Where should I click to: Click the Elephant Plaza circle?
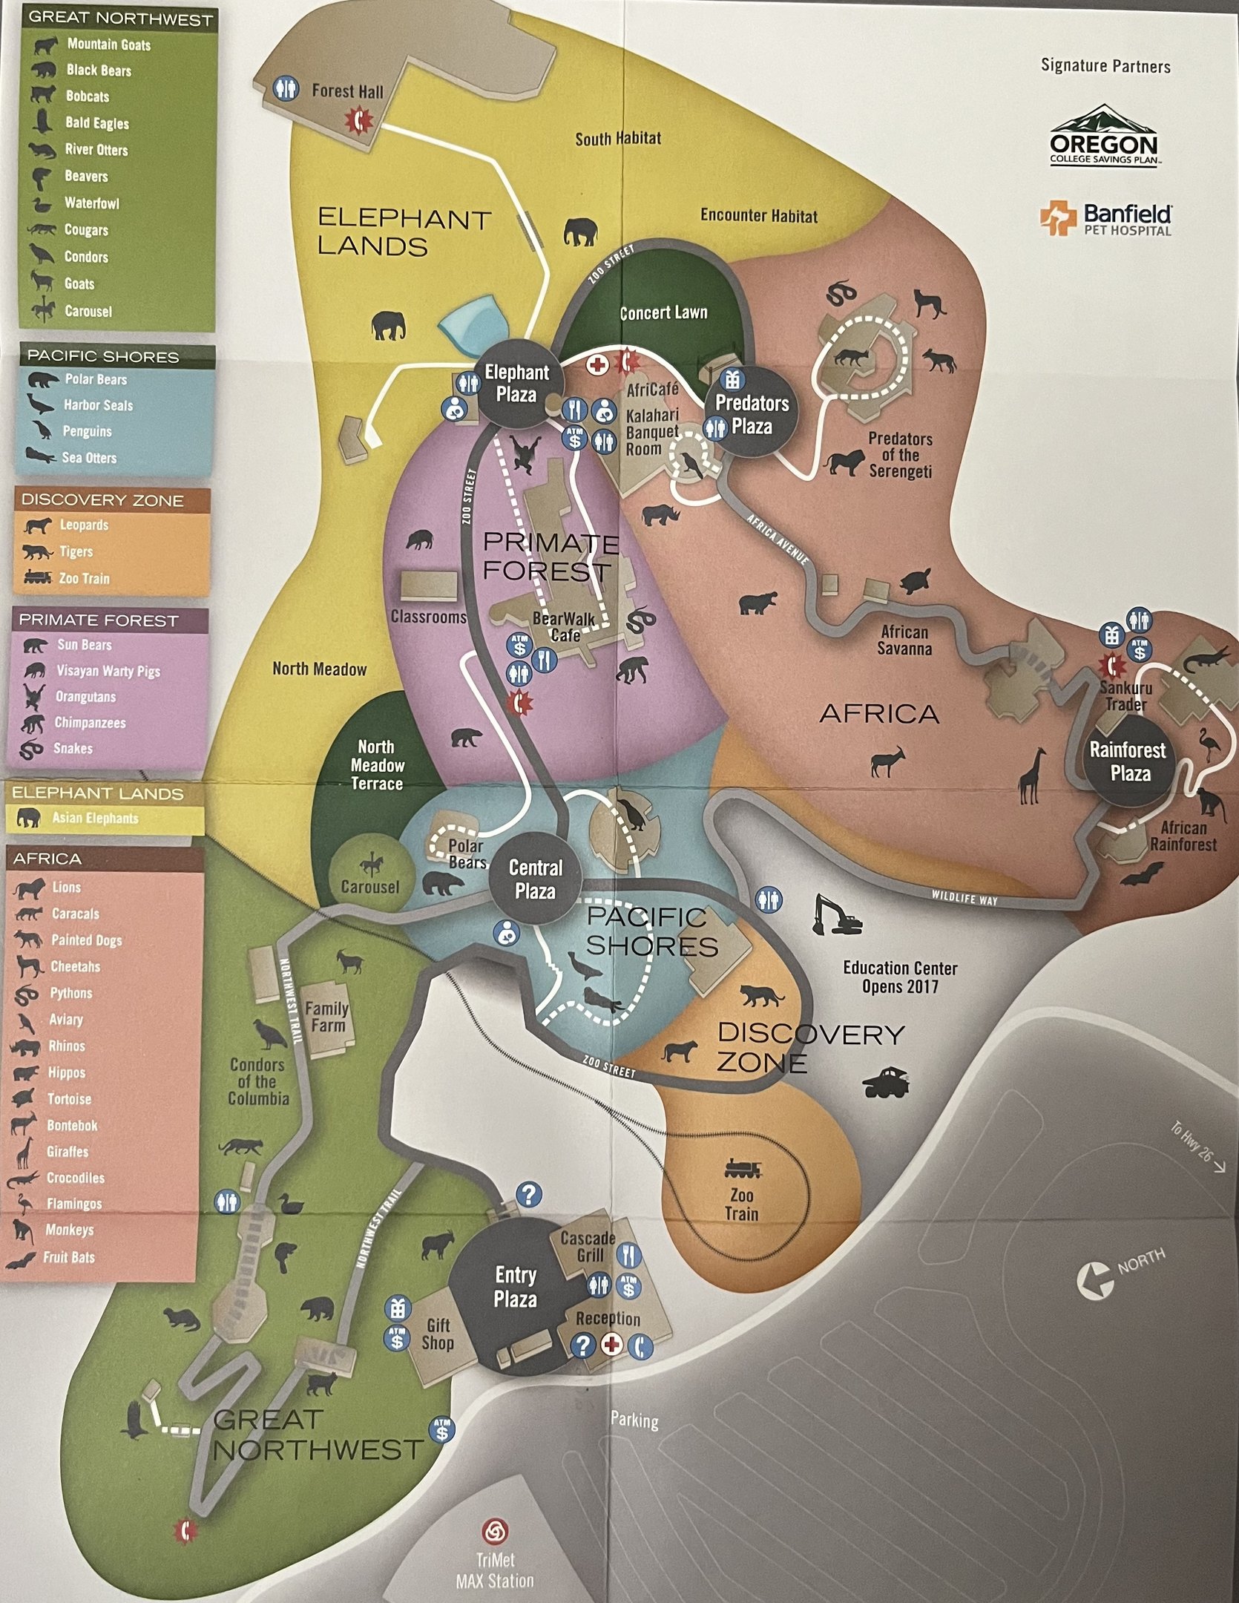517,383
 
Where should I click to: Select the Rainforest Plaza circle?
1129,761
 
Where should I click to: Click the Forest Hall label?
347,91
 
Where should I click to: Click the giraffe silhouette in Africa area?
1032,776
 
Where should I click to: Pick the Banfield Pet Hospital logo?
1105,220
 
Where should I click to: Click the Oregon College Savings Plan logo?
1104,137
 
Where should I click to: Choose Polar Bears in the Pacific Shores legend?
95,380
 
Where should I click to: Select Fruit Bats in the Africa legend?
68,1257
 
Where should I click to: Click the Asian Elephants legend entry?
94,818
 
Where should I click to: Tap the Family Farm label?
327,1017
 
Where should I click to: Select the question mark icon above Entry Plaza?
528,1195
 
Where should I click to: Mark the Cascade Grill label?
588,1246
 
